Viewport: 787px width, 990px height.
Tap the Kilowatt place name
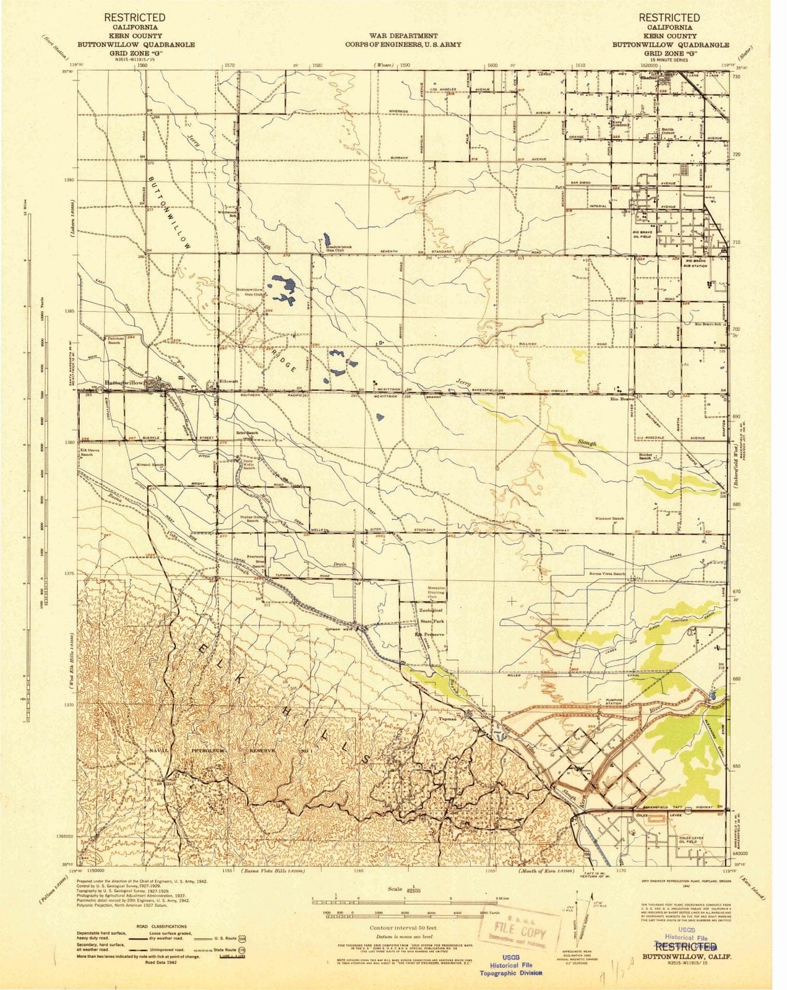[228, 382]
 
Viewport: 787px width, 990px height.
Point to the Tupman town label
[447, 719]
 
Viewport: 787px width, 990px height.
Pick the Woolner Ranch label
[609, 519]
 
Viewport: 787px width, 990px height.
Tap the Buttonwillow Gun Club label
[250, 292]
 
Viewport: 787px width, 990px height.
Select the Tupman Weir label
[339, 630]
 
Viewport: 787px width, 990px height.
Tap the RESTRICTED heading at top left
[134, 17]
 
